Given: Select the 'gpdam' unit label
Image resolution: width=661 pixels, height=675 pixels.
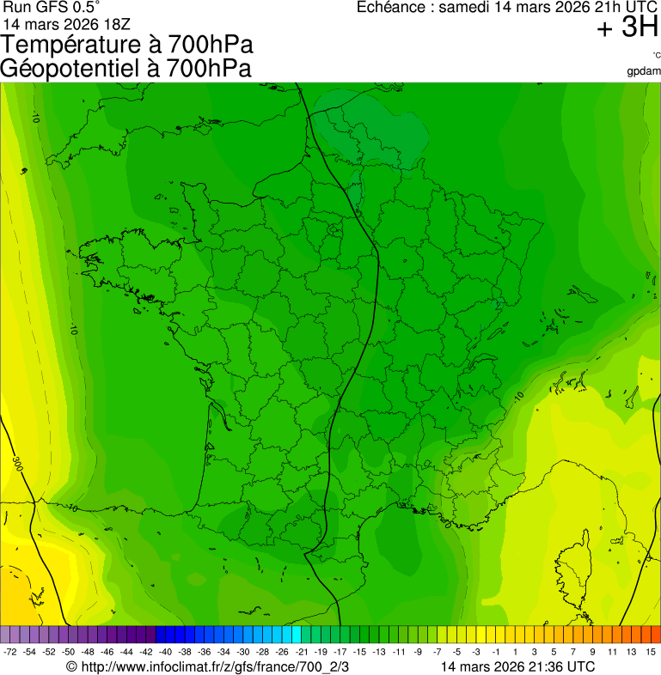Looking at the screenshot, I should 645,70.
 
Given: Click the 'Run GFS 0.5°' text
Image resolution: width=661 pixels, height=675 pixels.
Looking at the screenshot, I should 51,7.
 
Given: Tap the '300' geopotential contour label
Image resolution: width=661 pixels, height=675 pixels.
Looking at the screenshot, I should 18,464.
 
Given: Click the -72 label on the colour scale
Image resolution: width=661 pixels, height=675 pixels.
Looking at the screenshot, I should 10,652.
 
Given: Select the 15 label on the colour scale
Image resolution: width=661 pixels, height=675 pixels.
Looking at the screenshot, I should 651,652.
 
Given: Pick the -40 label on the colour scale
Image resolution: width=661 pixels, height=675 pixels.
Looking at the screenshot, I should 166,652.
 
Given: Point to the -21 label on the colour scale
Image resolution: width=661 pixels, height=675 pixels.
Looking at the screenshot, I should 302,652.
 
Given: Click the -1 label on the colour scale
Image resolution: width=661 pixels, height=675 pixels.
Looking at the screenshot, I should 496,652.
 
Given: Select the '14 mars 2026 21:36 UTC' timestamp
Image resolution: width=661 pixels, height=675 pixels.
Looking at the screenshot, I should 517,666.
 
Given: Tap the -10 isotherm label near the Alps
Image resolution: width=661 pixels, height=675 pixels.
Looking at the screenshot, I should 518,397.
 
